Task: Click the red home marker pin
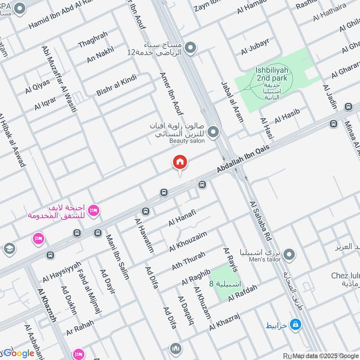pos(180,162)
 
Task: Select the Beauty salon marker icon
pos(214,132)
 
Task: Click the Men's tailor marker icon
pos(290,255)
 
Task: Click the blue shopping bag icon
pos(295,324)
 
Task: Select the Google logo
pos(19,353)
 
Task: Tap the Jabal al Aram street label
pos(232,102)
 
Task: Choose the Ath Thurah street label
pos(188,261)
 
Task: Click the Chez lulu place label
pos(344,275)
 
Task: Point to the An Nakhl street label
pos(100,57)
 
